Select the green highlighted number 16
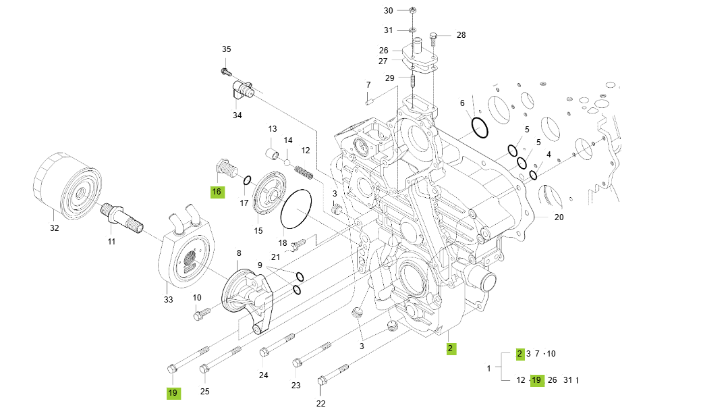tap(217, 192)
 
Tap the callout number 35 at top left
tap(227, 49)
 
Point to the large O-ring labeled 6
tap(480, 126)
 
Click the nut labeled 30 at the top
tap(413, 11)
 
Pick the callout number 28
tap(461, 34)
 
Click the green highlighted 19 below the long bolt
tap(173, 392)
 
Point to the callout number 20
tap(559, 217)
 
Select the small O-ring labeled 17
tap(248, 180)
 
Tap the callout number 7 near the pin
tap(368, 85)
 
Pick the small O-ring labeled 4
tap(534, 176)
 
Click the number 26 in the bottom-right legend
tap(552, 380)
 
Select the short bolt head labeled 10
tap(199, 314)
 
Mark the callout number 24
tap(263, 375)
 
